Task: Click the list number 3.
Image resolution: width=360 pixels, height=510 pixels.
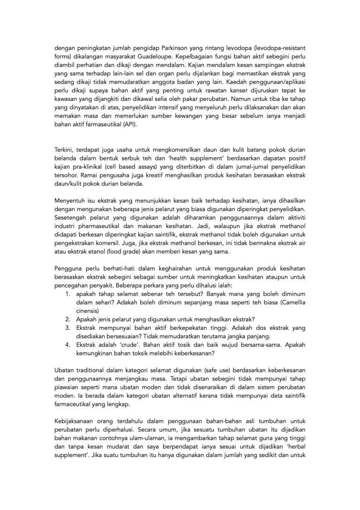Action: pyautogui.click(x=67, y=327)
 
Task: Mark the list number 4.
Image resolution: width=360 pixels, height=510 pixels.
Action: pyautogui.click(x=67, y=345)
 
